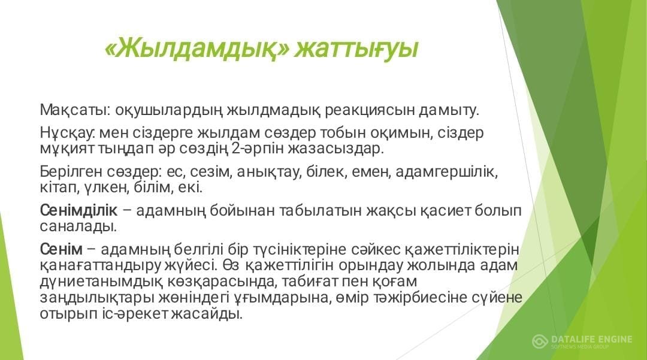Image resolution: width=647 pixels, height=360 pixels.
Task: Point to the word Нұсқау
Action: click(68, 133)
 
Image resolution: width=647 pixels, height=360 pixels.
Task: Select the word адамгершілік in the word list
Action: click(446, 171)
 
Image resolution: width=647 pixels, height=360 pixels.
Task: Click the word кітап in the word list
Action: click(59, 187)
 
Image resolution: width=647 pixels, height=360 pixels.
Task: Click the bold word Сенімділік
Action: click(79, 210)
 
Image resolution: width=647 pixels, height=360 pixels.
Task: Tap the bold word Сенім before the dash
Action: click(62, 250)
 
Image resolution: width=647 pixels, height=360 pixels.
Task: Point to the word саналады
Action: click(78, 226)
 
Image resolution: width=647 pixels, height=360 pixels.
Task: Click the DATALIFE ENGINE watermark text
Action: click(591, 339)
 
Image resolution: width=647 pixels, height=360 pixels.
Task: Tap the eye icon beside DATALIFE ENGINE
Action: click(540, 341)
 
